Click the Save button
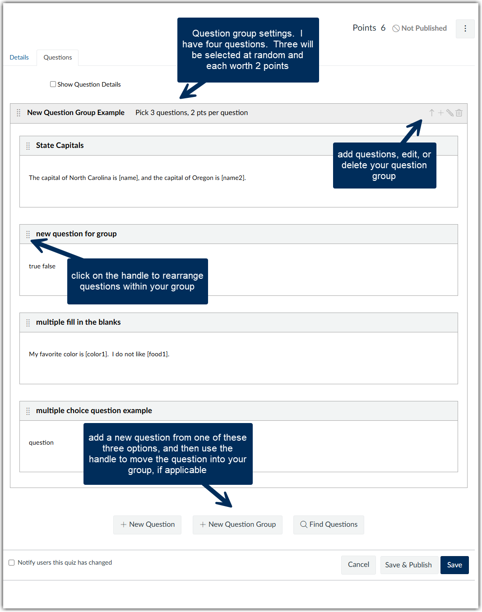pos(454,565)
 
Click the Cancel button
pos(358,565)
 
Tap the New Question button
pos(147,525)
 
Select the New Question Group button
pos(237,525)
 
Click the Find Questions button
pos(329,525)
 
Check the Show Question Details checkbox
pos(53,84)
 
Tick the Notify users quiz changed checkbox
pos(12,562)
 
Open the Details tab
pos(19,57)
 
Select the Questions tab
pos(58,57)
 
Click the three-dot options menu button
pos(465,29)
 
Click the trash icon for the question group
pos(459,113)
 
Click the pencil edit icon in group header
pos(450,113)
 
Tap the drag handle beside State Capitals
pos(28,146)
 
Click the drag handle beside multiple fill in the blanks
pos(28,322)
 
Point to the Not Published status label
pos(420,28)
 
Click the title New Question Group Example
pos(76,113)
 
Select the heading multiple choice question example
pos(94,410)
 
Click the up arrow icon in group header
pos(432,113)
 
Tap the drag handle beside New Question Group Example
pos(19,113)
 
